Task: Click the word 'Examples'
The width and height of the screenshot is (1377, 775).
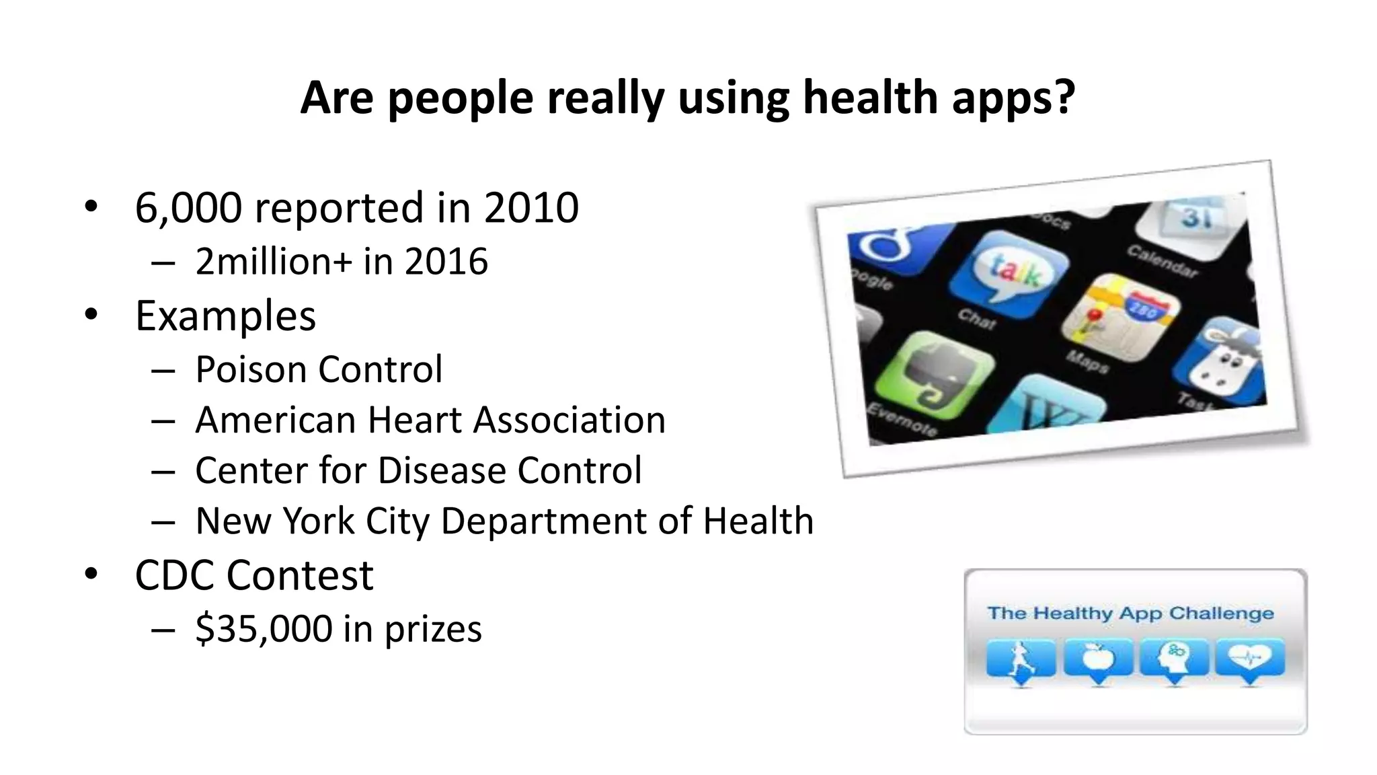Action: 225,316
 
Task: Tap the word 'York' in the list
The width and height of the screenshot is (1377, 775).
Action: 318,521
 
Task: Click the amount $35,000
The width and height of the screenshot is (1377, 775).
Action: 264,628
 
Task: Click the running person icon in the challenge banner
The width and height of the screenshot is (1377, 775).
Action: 1021,659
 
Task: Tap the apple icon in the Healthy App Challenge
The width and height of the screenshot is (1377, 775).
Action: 1098,659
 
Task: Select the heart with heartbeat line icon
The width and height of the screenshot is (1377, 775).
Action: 1251,657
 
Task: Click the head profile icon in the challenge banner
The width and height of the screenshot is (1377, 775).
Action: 1175,659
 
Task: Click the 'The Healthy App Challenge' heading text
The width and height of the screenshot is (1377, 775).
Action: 1130,613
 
